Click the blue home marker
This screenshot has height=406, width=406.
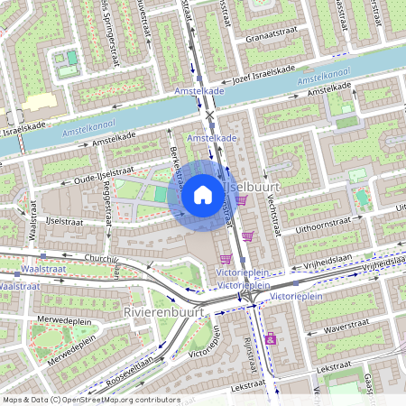(203, 195)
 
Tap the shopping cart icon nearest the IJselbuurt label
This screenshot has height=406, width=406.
(243, 199)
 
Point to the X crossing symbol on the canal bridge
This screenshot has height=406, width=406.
(210, 115)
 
